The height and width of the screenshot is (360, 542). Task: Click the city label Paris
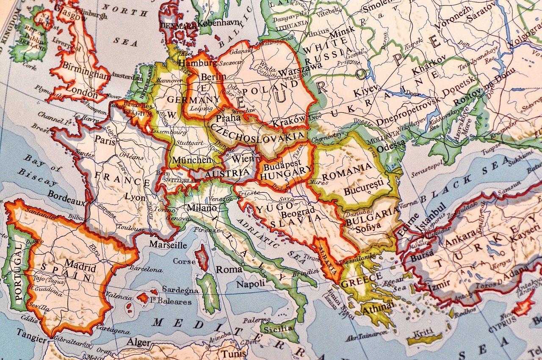point(105,141)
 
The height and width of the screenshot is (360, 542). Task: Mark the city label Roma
point(229,269)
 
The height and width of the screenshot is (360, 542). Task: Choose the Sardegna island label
point(180,290)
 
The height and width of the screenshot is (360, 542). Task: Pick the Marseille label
point(168,245)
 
